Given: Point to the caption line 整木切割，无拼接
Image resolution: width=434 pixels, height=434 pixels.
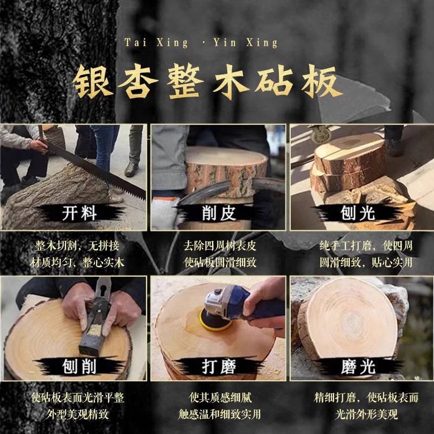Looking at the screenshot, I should [77, 246].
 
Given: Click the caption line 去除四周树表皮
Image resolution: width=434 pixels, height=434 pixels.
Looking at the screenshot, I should [220, 246].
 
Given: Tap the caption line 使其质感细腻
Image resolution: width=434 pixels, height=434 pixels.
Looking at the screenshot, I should [220, 398].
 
